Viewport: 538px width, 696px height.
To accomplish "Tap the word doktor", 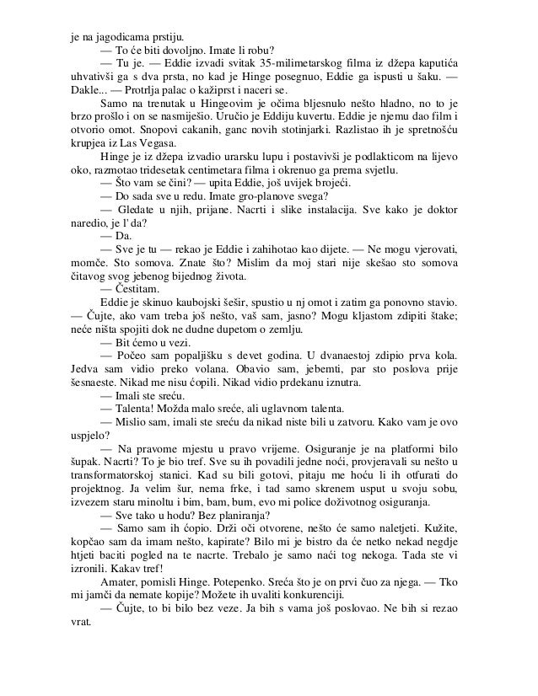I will tap(439, 206).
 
